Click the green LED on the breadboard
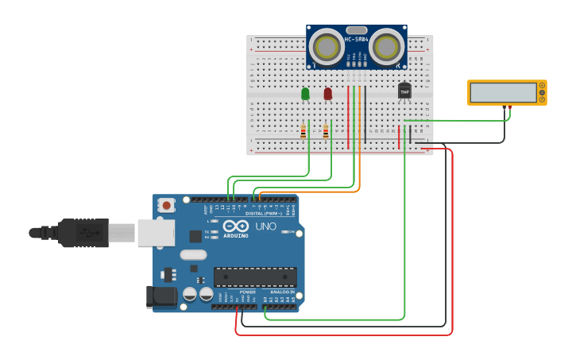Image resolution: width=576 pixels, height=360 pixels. point(305,94)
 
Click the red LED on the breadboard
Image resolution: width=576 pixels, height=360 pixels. point(327,94)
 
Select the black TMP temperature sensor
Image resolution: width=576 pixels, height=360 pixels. point(404,91)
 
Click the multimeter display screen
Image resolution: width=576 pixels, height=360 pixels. point(503,93)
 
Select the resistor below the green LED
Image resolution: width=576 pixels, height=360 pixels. point(303,131)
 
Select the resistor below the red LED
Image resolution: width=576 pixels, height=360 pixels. point(326,131)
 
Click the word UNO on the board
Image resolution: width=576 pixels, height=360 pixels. point(265,226)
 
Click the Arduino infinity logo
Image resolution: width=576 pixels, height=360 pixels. point(236,226)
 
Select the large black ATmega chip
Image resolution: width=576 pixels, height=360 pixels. point(255,276)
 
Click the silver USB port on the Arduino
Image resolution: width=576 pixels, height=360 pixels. point(156,233)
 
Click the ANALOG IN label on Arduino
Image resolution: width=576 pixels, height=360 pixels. point(281,292)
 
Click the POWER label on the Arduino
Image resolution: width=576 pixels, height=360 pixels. point(248,292)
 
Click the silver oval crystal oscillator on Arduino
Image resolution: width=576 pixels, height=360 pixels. point(193,254)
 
